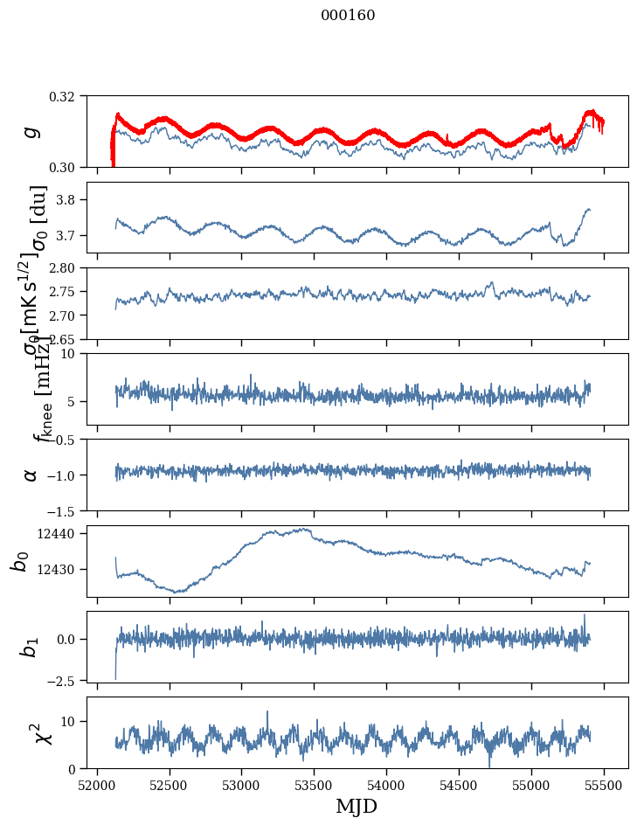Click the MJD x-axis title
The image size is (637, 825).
[357, 807]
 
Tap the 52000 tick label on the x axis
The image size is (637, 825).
[97, 785]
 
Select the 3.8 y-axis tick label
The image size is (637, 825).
[73, 200]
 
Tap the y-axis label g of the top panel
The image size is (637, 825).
[31, 131]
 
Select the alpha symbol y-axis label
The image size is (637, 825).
[31, 474]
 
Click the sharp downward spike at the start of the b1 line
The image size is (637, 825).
[115, 677]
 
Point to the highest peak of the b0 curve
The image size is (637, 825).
[307, 528]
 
